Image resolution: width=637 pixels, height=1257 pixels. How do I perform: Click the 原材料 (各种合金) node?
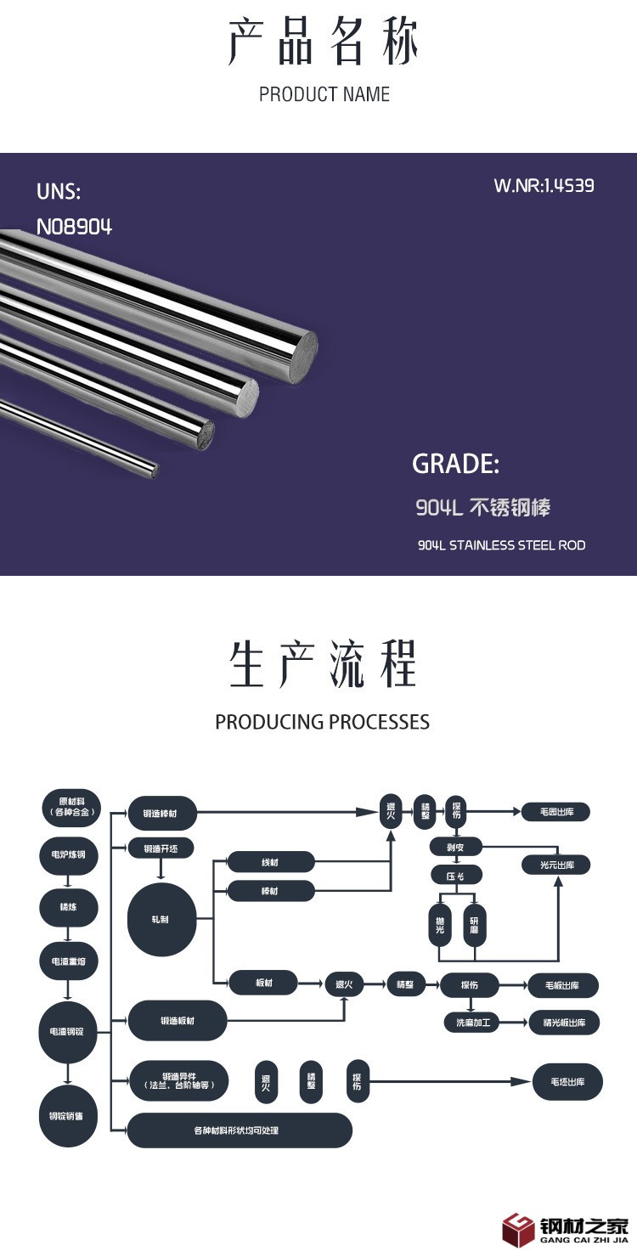[71, 807]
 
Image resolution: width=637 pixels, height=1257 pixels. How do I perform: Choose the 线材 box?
[271, 863]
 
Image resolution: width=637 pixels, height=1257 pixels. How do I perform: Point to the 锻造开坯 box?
[161, 848]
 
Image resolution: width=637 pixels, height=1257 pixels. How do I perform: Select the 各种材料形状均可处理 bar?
[239, 1130]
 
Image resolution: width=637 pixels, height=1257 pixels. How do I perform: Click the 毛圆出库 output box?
[556, 812]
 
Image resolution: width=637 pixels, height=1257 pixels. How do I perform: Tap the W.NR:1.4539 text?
[544, 185]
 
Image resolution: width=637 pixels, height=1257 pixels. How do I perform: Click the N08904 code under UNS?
[74, 227]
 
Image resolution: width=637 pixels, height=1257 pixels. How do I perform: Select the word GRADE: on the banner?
[455, 464]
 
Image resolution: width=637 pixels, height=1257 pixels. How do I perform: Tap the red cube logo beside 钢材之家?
[518, 1229]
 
